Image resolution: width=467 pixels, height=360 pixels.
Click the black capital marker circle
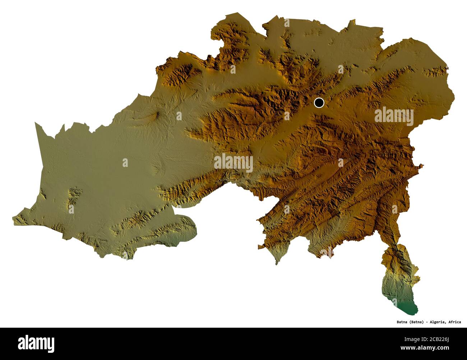pyautogui.click(x=319, y=103)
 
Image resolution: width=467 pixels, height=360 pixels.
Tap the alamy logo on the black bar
pyautogui.click(x=36, y=343)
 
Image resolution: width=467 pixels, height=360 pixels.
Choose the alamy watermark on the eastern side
pyautogui.click(x=394, y=117)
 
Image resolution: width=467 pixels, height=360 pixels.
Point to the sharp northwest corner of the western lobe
pyautogui.click(x=36, y=123)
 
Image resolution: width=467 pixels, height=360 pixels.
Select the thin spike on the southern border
pyautogui.click(x=276, y=263)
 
